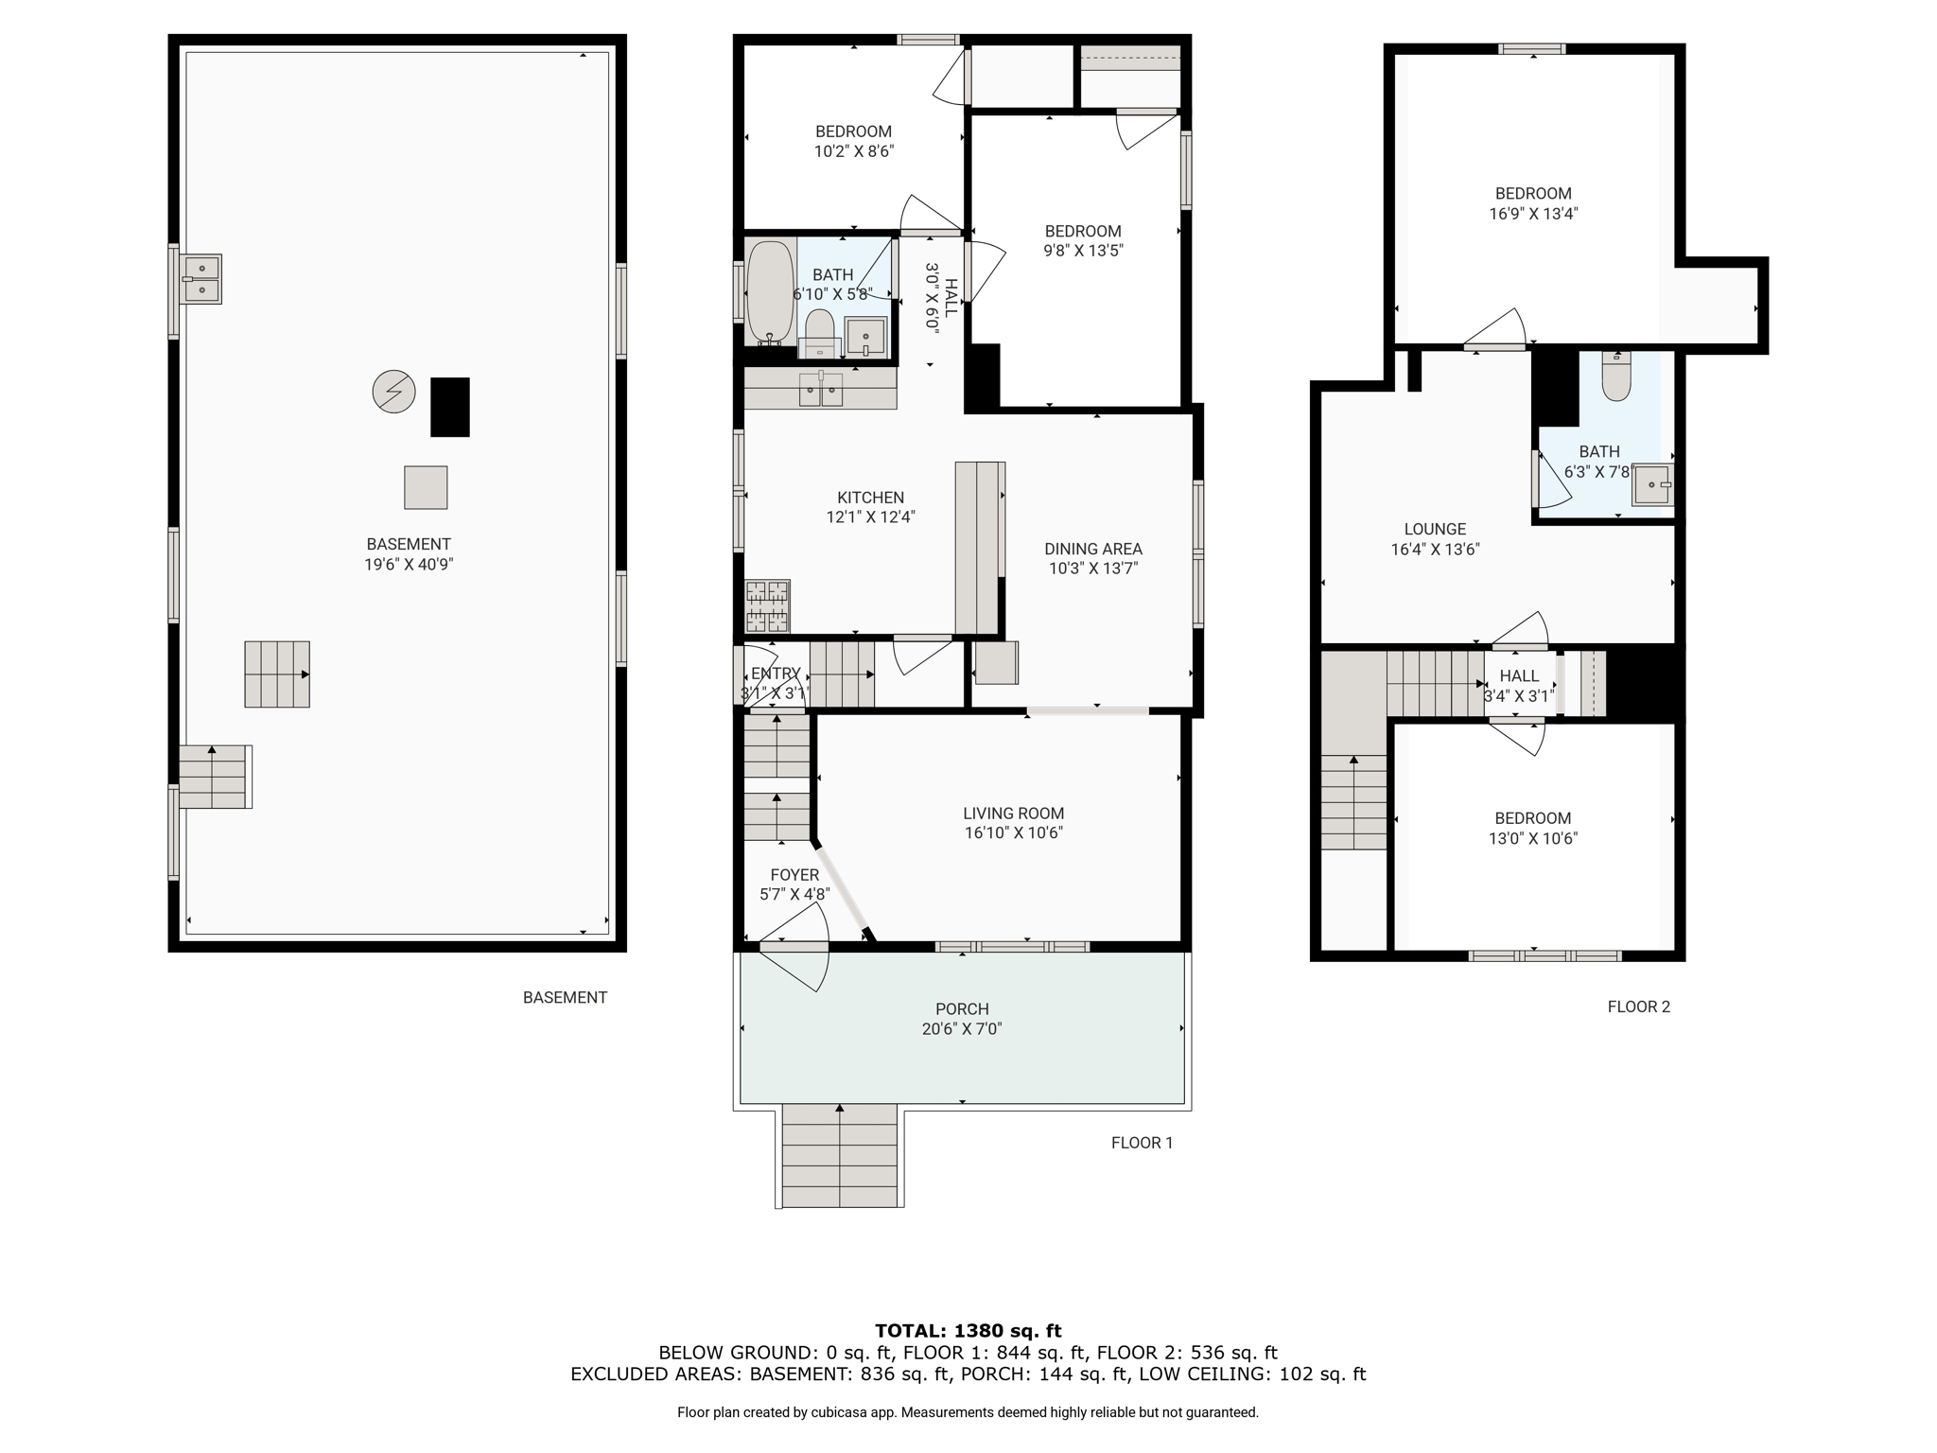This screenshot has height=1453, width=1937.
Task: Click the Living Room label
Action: point(1013,814)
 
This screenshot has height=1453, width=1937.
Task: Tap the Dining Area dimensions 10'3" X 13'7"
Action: point(1092,569)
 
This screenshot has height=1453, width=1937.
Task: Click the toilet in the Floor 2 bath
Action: point(1616,376)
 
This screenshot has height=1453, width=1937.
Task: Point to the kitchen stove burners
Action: point(767,606)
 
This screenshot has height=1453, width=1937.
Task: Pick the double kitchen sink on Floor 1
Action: point(821,389)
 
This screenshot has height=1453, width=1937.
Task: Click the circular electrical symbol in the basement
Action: point(393,391)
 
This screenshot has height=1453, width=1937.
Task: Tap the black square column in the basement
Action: point(450,407)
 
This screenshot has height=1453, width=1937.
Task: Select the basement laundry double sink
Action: point(201,279)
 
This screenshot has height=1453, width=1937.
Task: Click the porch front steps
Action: point(840,1155)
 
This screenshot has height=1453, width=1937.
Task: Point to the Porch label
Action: point(962,1009)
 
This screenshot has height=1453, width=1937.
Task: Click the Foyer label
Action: point(794,875)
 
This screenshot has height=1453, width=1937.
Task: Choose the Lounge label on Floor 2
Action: point(1435,530)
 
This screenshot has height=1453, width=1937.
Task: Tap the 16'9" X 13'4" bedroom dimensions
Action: point(1533,214)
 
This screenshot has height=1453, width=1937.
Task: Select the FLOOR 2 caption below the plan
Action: point(1639,1007)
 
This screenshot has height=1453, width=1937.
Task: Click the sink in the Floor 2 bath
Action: point(1653,484)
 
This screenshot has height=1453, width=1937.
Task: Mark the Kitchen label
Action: point(870,498)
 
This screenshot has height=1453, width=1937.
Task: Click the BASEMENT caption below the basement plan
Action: point(565,997)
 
